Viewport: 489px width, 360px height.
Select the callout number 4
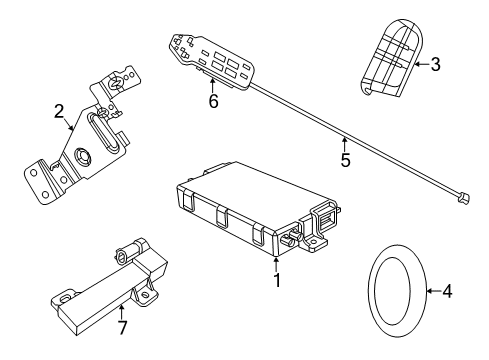pos(447,292)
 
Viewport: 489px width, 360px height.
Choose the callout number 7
pos(122,326)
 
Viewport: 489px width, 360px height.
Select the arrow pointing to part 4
pos(430,292)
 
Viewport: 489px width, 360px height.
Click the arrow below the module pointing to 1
pos(276,263)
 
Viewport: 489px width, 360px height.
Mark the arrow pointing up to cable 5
pos(343,142)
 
